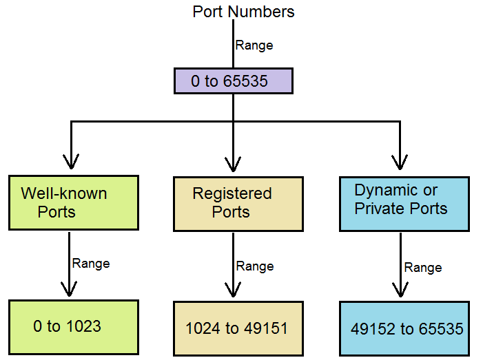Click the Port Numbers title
point(243,12)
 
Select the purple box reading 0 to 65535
point(233,81)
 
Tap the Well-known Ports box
point(73,202)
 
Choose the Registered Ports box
point(238,203)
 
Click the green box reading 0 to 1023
point(73,327)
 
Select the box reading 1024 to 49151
point(238,328)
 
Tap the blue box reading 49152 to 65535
point(404,328)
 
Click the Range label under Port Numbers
point(254,45)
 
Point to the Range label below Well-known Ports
point(91,263)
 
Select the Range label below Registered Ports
point(255,266)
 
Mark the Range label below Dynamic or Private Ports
point(423,267)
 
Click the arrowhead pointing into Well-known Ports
point(70,163)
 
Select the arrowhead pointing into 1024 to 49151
point(234,290)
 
